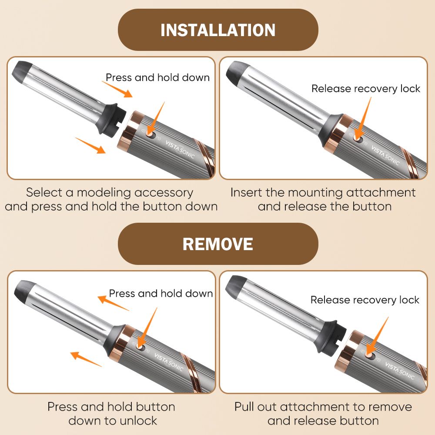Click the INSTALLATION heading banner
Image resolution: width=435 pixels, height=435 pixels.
click(x=218, y=30)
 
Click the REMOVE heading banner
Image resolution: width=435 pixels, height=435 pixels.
click(x=218, y=244)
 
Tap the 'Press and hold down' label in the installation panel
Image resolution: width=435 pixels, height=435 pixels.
click(x=157, y=77)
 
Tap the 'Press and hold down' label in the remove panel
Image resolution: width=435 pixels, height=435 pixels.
click(x=161, y=293)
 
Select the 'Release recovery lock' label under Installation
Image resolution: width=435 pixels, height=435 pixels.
click(x=366, y=88)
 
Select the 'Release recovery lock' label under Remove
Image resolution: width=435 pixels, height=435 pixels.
click(x=365, y=300)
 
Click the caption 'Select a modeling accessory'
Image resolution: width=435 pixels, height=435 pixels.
click(x=110, y=192)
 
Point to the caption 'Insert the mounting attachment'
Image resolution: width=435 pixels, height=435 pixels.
click(x=323, y=192)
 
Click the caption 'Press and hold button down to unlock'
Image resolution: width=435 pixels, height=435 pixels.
click(x=111, y=414)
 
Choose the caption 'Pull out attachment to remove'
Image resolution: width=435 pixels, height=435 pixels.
click(x=323, y=407)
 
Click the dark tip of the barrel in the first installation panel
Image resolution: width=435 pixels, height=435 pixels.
click(x=22, y=70)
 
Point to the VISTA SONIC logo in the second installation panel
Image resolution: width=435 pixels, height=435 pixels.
click(x=385, y=156)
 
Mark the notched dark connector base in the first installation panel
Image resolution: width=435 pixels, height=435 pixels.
click(x=113, y=120)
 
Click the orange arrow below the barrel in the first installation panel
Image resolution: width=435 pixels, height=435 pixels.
click(x=90, y=145)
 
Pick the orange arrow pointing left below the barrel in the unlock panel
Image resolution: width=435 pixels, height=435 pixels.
click(x=86, y=359)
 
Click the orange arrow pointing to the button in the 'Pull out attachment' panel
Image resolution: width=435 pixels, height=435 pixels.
click(x=377, y=336)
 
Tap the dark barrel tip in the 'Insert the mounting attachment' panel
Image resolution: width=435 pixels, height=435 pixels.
click(x=236, y=71)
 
